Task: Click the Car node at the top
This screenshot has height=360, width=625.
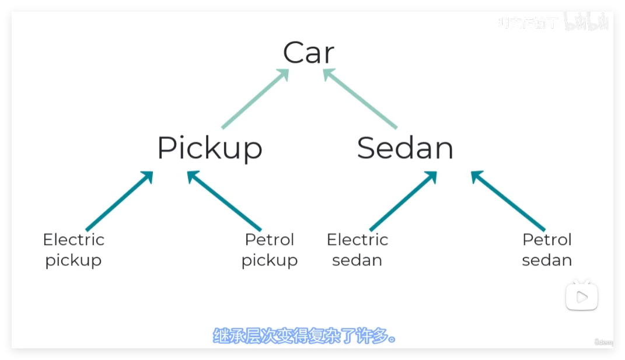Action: coord(309,53)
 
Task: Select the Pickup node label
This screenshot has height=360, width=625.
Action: coord(210,148)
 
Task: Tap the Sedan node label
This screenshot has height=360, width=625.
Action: coord(405,148)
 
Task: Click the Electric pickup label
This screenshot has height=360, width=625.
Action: coord(74,250)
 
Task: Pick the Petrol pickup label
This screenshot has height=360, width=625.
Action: coord(270,250)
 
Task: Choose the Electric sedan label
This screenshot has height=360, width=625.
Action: coord(357,250)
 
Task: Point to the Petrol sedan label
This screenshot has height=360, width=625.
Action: coord(547,250)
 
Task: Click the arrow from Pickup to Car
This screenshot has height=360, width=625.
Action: coord(254,99)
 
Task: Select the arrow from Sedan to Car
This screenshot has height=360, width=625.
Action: coord(361,99)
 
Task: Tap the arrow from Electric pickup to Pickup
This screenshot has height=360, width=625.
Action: coord(119,201)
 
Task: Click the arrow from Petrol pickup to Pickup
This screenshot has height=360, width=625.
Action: coord(224,201)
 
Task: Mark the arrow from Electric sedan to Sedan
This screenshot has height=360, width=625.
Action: coord(403,201)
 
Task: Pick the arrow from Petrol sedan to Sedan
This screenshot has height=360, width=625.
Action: coord(508,201)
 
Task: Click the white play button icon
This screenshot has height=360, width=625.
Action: coord(582,298)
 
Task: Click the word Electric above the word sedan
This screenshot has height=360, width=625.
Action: coord(357,240)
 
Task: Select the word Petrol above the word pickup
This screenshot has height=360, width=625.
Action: coord(270,240)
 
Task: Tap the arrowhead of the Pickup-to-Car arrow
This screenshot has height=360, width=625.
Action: coord(284,74)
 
